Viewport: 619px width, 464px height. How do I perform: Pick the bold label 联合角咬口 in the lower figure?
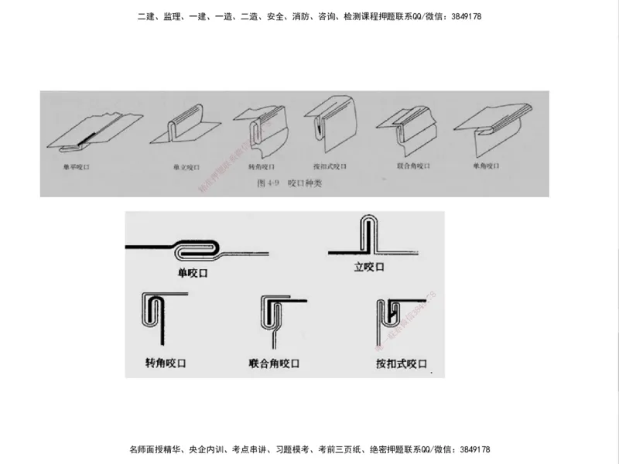tap(274, 363)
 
